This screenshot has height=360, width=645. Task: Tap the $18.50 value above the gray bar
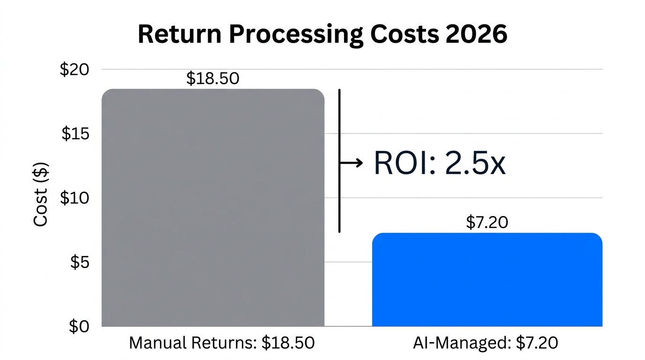(212, 78)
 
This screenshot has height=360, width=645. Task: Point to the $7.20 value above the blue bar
(487, 222)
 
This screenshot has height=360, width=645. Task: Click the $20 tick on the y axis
(74, 69)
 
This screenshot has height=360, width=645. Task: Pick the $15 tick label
(75, 134)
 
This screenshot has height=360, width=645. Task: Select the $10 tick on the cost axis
(74, 198)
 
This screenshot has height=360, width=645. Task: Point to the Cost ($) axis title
(41, 194)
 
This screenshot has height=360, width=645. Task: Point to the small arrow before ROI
(352, 163)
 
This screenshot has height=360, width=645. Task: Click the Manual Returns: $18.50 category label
(221, 343)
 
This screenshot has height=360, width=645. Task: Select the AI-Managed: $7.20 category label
(486, 343)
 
